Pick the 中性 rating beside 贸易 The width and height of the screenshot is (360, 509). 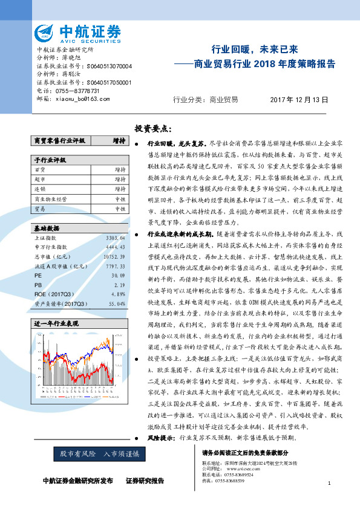click(120, 208)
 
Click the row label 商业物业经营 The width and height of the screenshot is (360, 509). click(52, 198)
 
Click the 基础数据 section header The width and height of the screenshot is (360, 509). click(47, 229)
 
